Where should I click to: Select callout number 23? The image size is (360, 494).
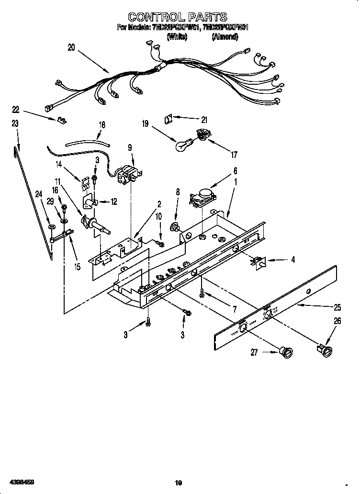[x=15, y=123]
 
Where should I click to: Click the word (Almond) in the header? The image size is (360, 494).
[x=224, y=36]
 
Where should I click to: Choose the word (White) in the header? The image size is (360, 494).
[x=178, y=36]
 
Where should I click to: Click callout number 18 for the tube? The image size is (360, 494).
[x=101, y=124]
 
